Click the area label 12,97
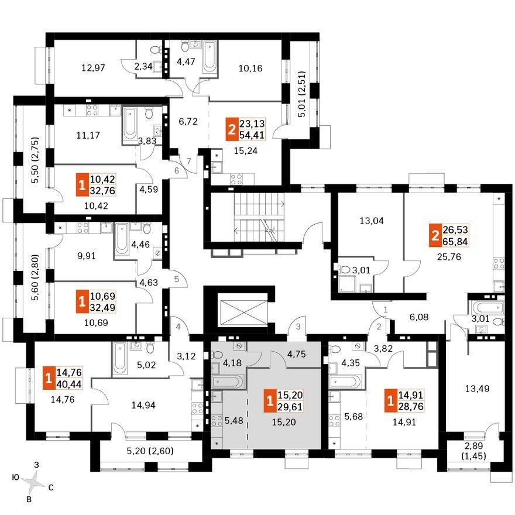tap(93, 68)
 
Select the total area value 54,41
tap(252, 135)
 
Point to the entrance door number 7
tap(188, 162)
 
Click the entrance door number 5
tap(177, 279)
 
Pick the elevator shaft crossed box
tap(243, 310)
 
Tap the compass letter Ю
tap(15, 477)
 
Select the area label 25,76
tap(449, 256)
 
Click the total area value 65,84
tap(455, 241)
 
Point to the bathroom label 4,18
tap(232, 363)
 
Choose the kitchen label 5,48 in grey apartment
tap(234, 420)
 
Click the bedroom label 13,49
tap(477, 389)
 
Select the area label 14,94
tap(143, 405)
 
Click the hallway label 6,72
tap(188, 122)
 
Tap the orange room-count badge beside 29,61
tap(270, 401)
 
